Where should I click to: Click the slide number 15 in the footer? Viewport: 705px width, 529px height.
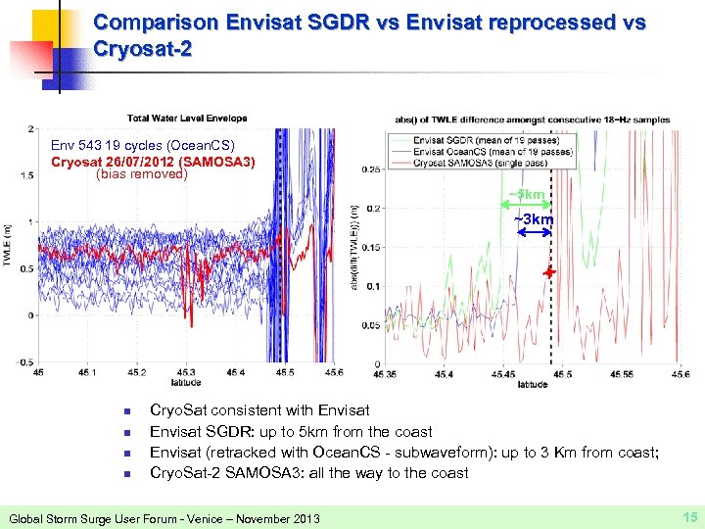click(688, 516)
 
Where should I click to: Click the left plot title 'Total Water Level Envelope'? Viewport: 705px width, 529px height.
click(186, 119)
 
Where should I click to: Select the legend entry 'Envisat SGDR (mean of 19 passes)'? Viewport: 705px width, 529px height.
click(472, 140)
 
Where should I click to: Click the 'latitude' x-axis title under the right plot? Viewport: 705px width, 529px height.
click(533, 384)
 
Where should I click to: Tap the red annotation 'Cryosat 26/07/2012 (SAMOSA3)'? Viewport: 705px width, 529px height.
click(152, 161)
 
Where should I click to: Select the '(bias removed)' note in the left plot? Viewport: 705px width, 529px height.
click(142, 174)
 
